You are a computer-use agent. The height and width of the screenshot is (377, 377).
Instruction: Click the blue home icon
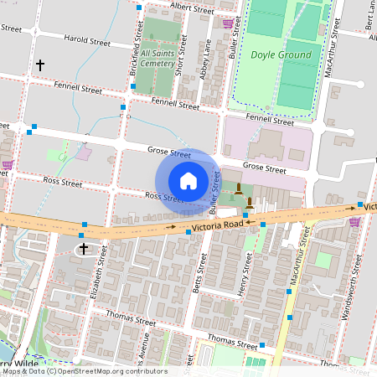click(x=188, y=180)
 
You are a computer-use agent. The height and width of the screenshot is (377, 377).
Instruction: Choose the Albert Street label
click(x=192, y=8)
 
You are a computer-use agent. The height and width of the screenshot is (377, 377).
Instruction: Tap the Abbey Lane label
click(x=204, y=59)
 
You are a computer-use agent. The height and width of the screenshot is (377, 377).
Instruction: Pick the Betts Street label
click(x=199, y=268)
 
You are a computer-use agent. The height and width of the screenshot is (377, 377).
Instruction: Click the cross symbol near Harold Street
click(x=39, y=65)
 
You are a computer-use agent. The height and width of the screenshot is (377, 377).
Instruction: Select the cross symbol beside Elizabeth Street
click(x=83, y=249)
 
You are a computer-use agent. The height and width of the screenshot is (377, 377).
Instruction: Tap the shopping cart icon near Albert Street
click(x=228, y=23)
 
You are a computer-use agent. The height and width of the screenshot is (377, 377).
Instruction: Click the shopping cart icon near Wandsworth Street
click(x=354, y=222)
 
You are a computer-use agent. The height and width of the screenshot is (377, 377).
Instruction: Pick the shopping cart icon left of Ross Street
click(x=7, y=165)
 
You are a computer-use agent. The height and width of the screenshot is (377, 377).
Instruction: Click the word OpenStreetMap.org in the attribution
click(x=92, y=371)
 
